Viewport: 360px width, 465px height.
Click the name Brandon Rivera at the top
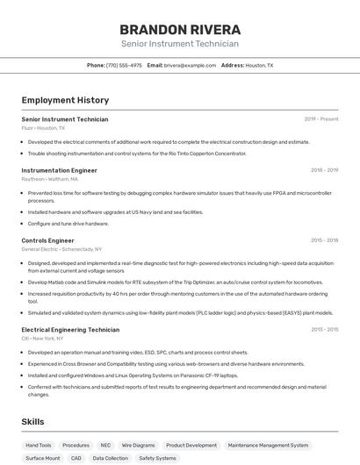[x=179, y=29]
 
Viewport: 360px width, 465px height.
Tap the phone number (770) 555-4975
[x=124, y=65]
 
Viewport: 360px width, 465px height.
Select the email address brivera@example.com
[x=190, y=65]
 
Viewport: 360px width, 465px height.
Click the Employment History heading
[x=65, y=100]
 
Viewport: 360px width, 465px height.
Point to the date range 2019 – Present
[x=321, y=119]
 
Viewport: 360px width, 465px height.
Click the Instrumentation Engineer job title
[x=59, y=170]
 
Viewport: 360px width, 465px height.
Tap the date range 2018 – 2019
[x=324, y=170]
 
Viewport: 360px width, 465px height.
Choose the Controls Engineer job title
[x=47, y=240]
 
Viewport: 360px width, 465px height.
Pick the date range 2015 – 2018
[x=324, y=240]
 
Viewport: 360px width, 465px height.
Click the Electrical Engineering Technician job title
[x=70, y=329]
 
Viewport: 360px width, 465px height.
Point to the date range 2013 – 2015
[x=324, y=329]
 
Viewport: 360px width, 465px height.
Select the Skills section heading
[x=32, y=422]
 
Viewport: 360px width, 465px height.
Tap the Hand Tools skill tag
[x=39, y=445]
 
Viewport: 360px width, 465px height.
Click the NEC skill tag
[x=105, y=445]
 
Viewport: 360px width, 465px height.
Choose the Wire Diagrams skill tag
[x=138, y=445]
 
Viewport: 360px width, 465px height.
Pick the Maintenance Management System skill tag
[x=268, y=445]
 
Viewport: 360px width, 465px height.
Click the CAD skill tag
[x=76, y=458]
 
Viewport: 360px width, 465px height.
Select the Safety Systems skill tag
[x=157, y=458]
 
